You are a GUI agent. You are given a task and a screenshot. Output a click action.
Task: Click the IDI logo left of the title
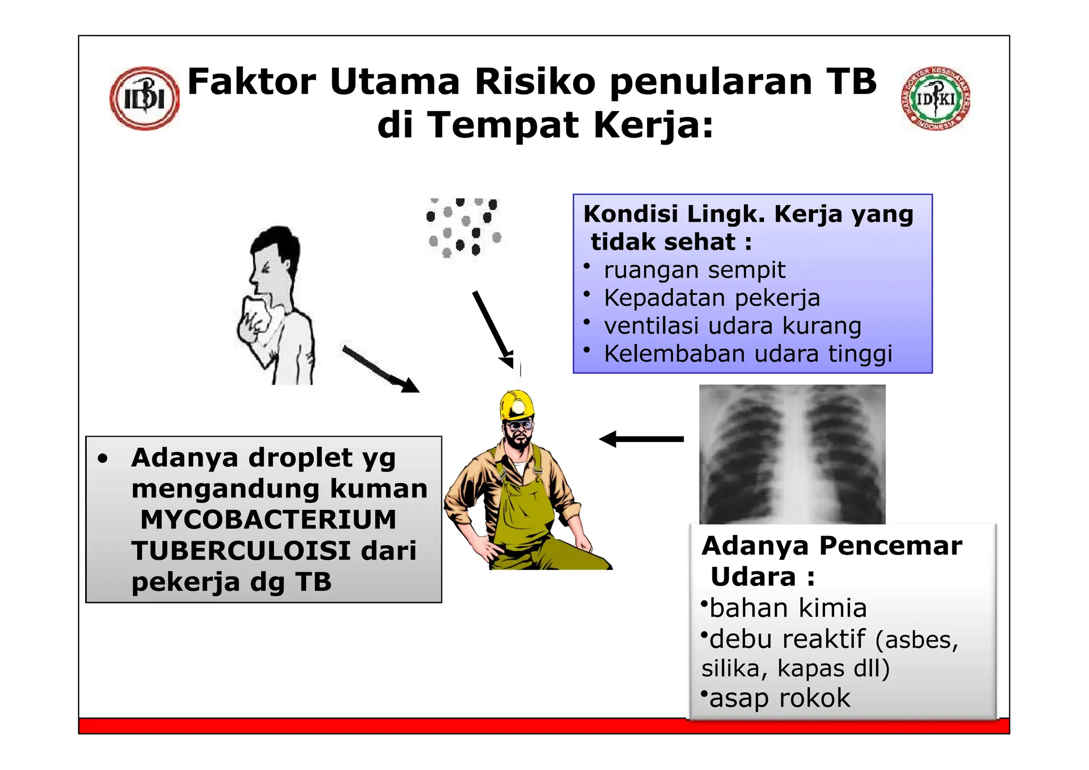point(144,98)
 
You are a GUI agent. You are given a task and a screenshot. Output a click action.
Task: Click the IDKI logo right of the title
point(936,98)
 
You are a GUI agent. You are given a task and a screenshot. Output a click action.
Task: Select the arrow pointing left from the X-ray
point(641,439)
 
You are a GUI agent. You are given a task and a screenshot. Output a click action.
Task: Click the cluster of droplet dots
point(463,228)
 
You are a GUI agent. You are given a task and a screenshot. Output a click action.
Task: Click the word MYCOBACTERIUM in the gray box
point(268,520)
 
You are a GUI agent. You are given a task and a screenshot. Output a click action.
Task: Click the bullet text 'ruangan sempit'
point(694,270)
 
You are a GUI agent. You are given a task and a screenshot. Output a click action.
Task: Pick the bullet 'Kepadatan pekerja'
point(711,298)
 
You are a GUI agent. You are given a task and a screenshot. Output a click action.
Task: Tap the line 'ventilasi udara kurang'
point(732,326)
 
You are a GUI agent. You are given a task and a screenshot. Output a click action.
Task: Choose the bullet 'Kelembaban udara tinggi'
point(748,354)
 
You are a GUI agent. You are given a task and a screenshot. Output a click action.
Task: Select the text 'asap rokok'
point(780,698)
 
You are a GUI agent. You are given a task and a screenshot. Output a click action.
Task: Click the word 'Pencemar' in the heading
point(890,546)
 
